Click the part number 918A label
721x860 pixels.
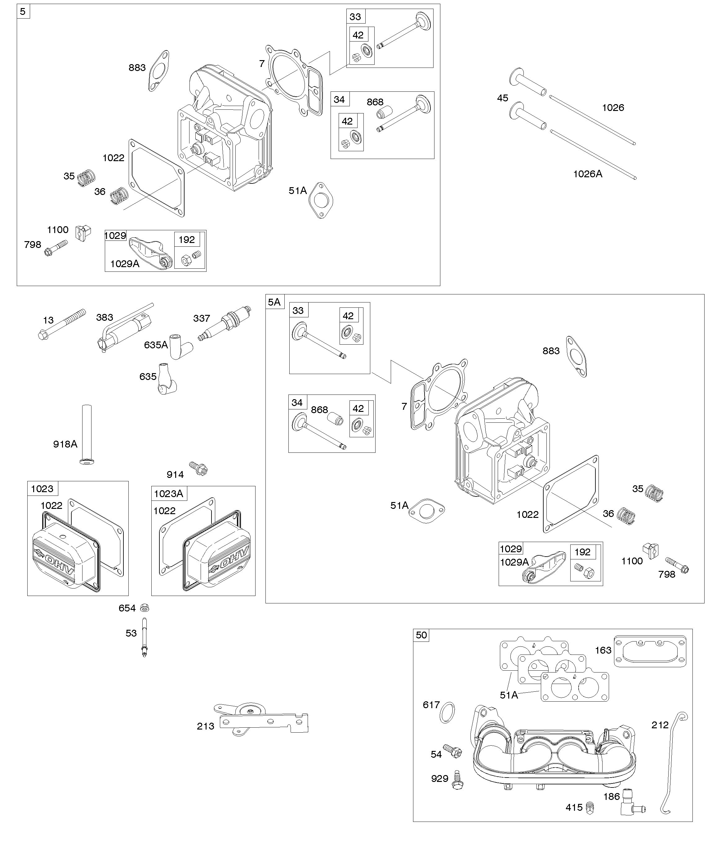(x=65, y=444)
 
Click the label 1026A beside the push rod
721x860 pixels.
(x=587, y=174)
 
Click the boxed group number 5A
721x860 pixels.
(x=274, y=302)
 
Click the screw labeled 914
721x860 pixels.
(x=199, y=468)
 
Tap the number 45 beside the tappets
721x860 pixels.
(x=502, y=98)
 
